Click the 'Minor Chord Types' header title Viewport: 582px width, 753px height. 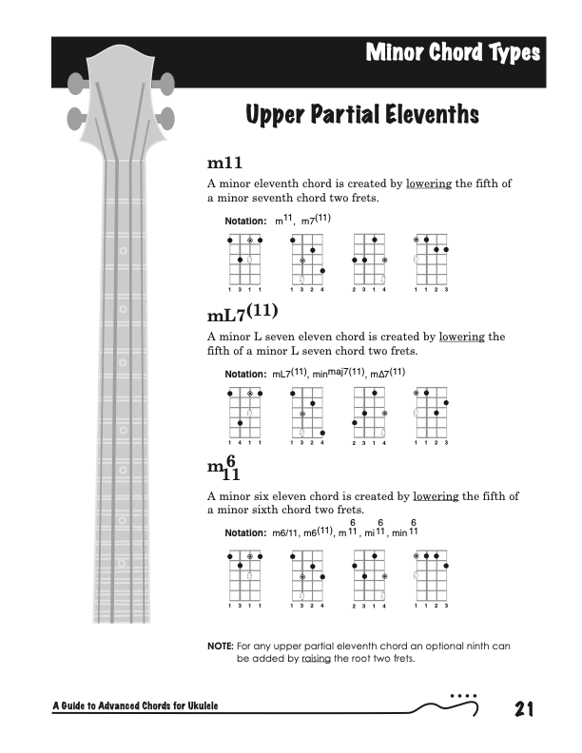453,53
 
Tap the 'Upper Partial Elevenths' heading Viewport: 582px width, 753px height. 361,116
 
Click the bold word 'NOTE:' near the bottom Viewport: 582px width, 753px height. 220,646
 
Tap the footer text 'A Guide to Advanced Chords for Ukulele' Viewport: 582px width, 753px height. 136,705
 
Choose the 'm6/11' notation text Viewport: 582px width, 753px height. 285,533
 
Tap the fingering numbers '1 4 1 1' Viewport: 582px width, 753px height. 245,443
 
